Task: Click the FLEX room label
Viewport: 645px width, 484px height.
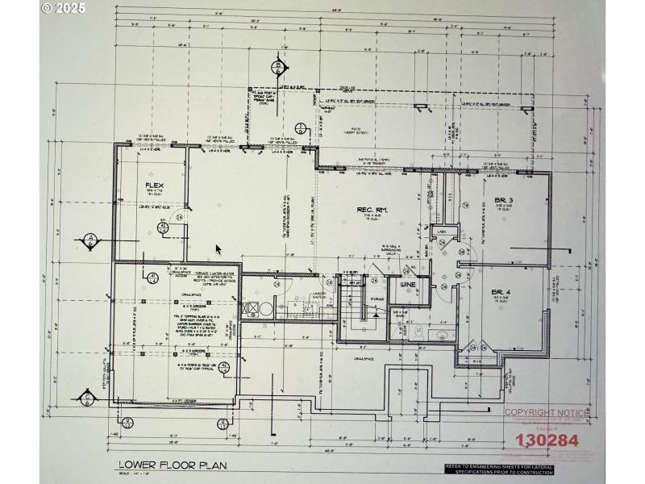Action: click(x=154, y=186)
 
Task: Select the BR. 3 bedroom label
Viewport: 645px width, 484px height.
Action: click(x=504, y=200)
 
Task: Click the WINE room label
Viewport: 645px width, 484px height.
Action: click(x=407, y=284)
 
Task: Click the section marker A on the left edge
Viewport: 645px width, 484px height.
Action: click(x=91, y=239)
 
